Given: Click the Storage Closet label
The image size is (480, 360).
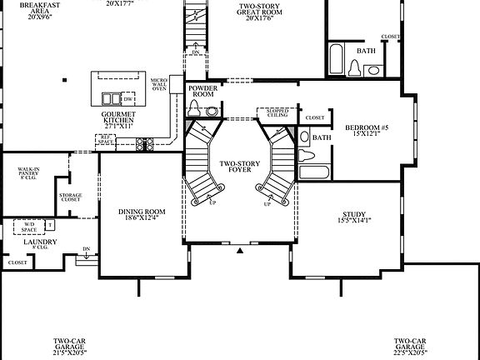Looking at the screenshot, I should coord(71,197).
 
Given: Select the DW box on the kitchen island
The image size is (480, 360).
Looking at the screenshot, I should coord(127,97).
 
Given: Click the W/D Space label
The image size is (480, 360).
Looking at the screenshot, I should coord(28,227).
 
